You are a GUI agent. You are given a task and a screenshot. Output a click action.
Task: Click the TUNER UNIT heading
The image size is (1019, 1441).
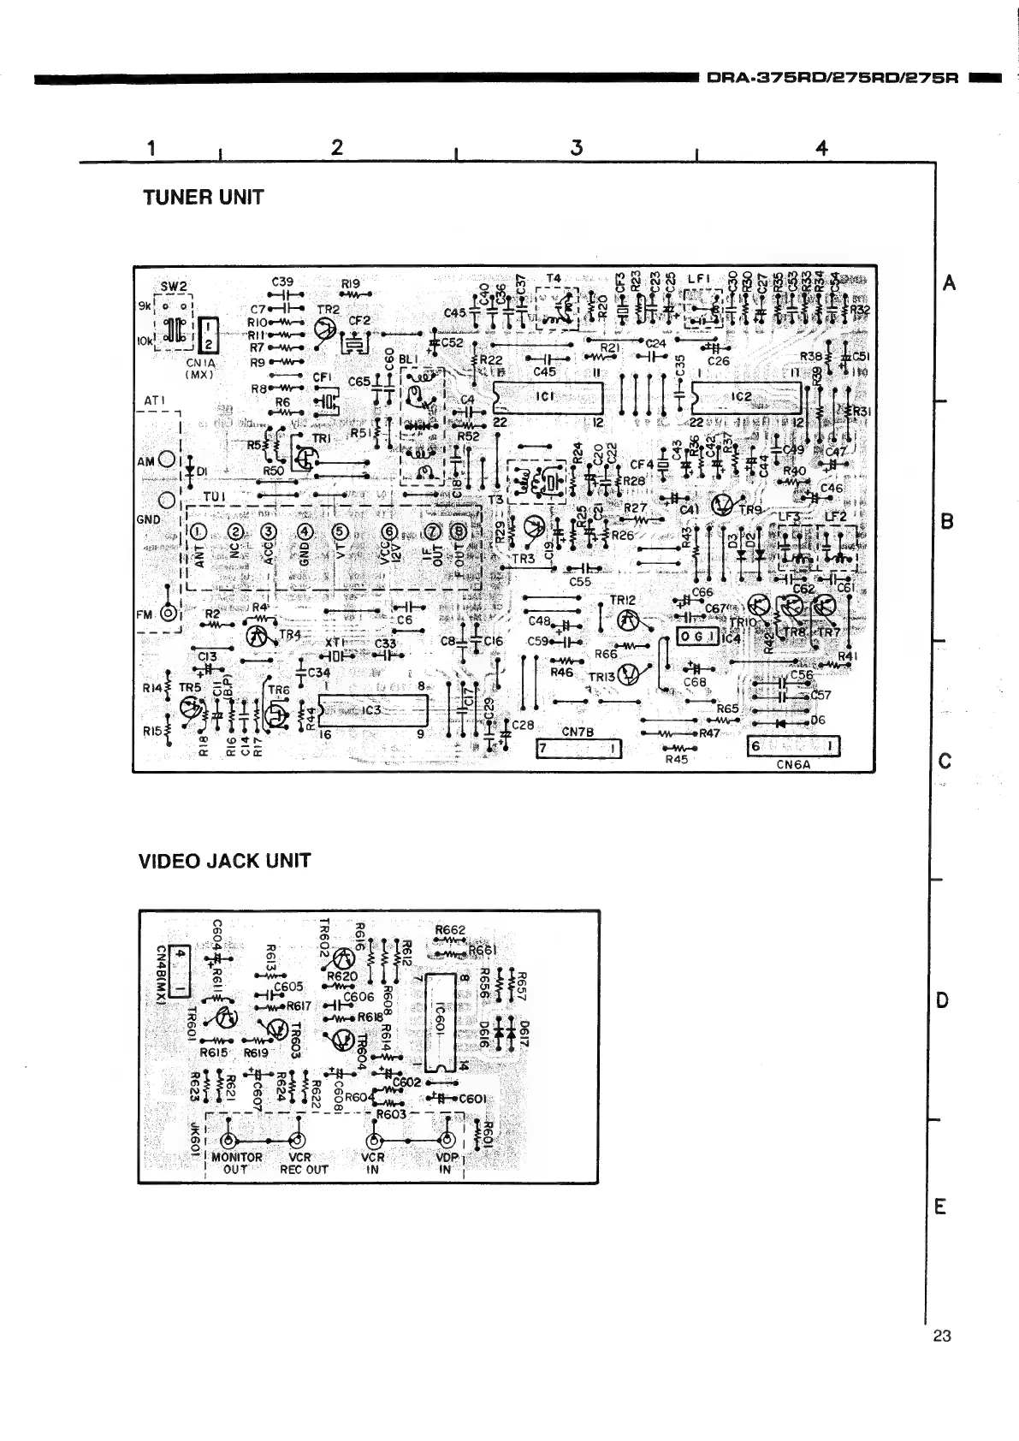click(x=203, y=197)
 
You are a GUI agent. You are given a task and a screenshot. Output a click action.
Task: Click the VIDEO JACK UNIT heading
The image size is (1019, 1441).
click(x=224, y=860)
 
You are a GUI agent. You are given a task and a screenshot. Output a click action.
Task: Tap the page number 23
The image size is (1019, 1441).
click(x=942, y=1336)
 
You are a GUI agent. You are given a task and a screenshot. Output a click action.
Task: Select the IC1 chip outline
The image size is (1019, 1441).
click(x=548, y=396)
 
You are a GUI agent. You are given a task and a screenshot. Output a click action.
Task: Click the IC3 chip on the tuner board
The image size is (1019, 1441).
click(x=372, y=709)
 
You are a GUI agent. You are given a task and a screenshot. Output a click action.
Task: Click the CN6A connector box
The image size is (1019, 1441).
click(x=793, y=746)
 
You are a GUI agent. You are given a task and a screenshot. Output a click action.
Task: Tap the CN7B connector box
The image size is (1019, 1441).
click(x=578, y=750)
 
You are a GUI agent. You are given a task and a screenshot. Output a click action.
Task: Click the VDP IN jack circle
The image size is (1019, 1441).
click(x=446, y=1141)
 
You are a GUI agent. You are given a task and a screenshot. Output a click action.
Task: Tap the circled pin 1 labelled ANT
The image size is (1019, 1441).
click(x=198, y=532)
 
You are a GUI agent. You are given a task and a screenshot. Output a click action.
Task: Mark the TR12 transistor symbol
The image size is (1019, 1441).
click(x=627, y=619)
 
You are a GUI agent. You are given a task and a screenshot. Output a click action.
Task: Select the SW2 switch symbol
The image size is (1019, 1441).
click(x=175, y=328)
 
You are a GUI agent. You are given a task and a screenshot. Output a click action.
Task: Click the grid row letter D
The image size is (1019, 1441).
click(x=942, y=1000)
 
